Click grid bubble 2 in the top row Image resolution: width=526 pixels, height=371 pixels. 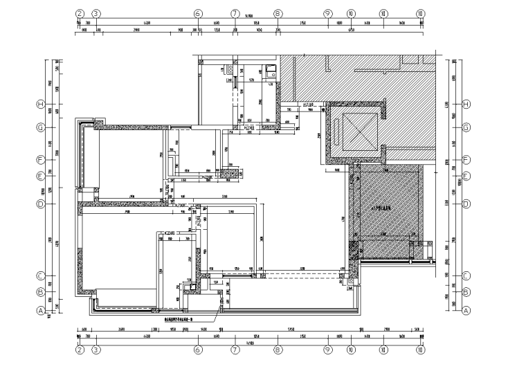click(x=80, y=13)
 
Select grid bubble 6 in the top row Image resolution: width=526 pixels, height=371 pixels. click(x=198, y=13)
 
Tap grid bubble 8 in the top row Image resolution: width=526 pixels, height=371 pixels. click(x=278, y=13)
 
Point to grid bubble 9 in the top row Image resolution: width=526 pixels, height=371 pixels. click(x=327, y=13)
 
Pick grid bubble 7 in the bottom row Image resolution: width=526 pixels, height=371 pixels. click(x=235, y=351)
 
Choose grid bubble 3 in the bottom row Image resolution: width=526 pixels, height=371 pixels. click(x=96, y=351)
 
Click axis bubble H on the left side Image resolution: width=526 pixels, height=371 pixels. click(x=41, y=105)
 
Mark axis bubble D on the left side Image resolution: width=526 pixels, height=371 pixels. click(x=41, y=204)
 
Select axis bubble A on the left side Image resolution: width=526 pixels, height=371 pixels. click(x=41, y=311)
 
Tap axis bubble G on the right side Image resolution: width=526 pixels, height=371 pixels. click(x=466, y=127)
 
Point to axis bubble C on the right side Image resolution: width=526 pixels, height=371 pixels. click(x=466, y=275)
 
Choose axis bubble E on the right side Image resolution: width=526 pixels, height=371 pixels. click(x=466, y=175)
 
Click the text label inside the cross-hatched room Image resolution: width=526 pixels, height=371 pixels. click(x=382, y=208)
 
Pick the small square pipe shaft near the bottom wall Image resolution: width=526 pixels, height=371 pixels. click(x=188, y=286)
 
